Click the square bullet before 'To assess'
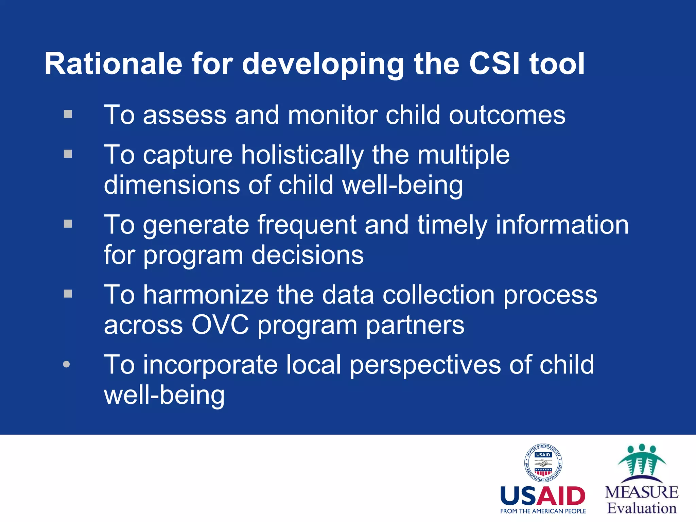pyautogui.click(x=68, y=114)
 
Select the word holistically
pyautogui.click(x=302, y=155)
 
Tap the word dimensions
pyautogui.click(x=172, y=185)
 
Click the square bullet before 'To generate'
pyautogui.click(x=68, y=224)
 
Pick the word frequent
pyautogui.click(x=307, y=225)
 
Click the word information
pyautogui.click(x=562, y=225)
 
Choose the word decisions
pyautogui.click(x=308, y=255)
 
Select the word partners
pyautogui.click(x=415, y=325)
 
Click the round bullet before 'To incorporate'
pyautogui.click(x=67, y=364)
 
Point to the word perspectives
pyautogui.click(x=425, y=365)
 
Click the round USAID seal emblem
pyautogui.click(x=543, y=463)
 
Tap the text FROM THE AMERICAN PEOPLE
pyautogui.click(x=543, y=511)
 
